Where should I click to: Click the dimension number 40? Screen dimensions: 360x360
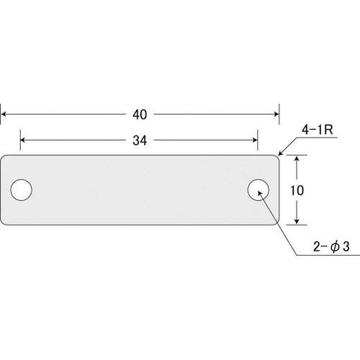click(140, 114)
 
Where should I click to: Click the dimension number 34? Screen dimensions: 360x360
click(140, 140)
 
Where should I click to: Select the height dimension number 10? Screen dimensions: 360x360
click(297, 190)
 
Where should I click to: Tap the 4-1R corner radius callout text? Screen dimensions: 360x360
click(318, 130)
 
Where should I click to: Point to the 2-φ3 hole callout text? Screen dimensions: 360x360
click(331, 246)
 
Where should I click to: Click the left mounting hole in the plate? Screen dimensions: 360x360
click(22, 190)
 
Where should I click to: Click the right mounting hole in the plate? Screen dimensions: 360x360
click(258, 190)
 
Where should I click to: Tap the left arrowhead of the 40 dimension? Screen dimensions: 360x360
click(4, 114)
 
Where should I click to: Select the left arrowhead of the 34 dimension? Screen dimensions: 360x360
click(24, 140)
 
